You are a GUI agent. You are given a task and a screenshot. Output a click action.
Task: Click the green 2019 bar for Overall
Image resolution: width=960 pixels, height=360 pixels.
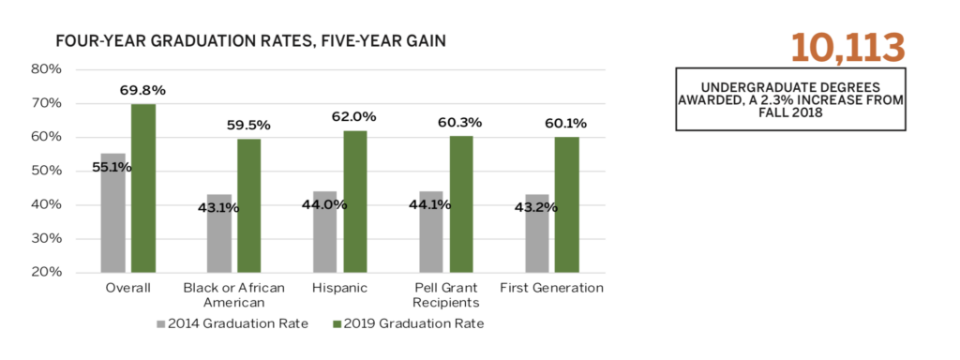point(143,187)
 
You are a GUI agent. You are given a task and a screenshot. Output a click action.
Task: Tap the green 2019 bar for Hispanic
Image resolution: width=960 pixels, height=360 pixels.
point(355,201)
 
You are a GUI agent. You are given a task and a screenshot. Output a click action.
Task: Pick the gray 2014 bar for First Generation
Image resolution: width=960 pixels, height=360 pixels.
point(537,233)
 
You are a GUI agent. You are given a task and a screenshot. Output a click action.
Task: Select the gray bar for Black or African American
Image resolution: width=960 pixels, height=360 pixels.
point(218,233)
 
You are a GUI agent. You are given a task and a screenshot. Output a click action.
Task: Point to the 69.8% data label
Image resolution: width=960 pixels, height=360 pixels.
point(142,91)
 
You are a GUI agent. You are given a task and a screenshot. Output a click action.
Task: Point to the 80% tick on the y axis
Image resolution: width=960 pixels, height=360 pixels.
point(46,69)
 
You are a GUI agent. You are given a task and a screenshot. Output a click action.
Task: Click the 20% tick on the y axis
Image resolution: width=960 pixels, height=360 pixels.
point(46,273)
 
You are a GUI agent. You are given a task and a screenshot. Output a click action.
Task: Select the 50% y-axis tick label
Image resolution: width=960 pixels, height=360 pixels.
point(46,172)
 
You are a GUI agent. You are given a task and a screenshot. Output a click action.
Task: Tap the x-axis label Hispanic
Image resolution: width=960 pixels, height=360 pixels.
point(340,288)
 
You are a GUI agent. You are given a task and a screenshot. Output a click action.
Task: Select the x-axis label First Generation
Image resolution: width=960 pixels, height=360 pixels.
point(552,288)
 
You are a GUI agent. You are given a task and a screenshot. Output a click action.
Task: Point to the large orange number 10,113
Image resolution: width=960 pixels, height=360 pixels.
point(847,48)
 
